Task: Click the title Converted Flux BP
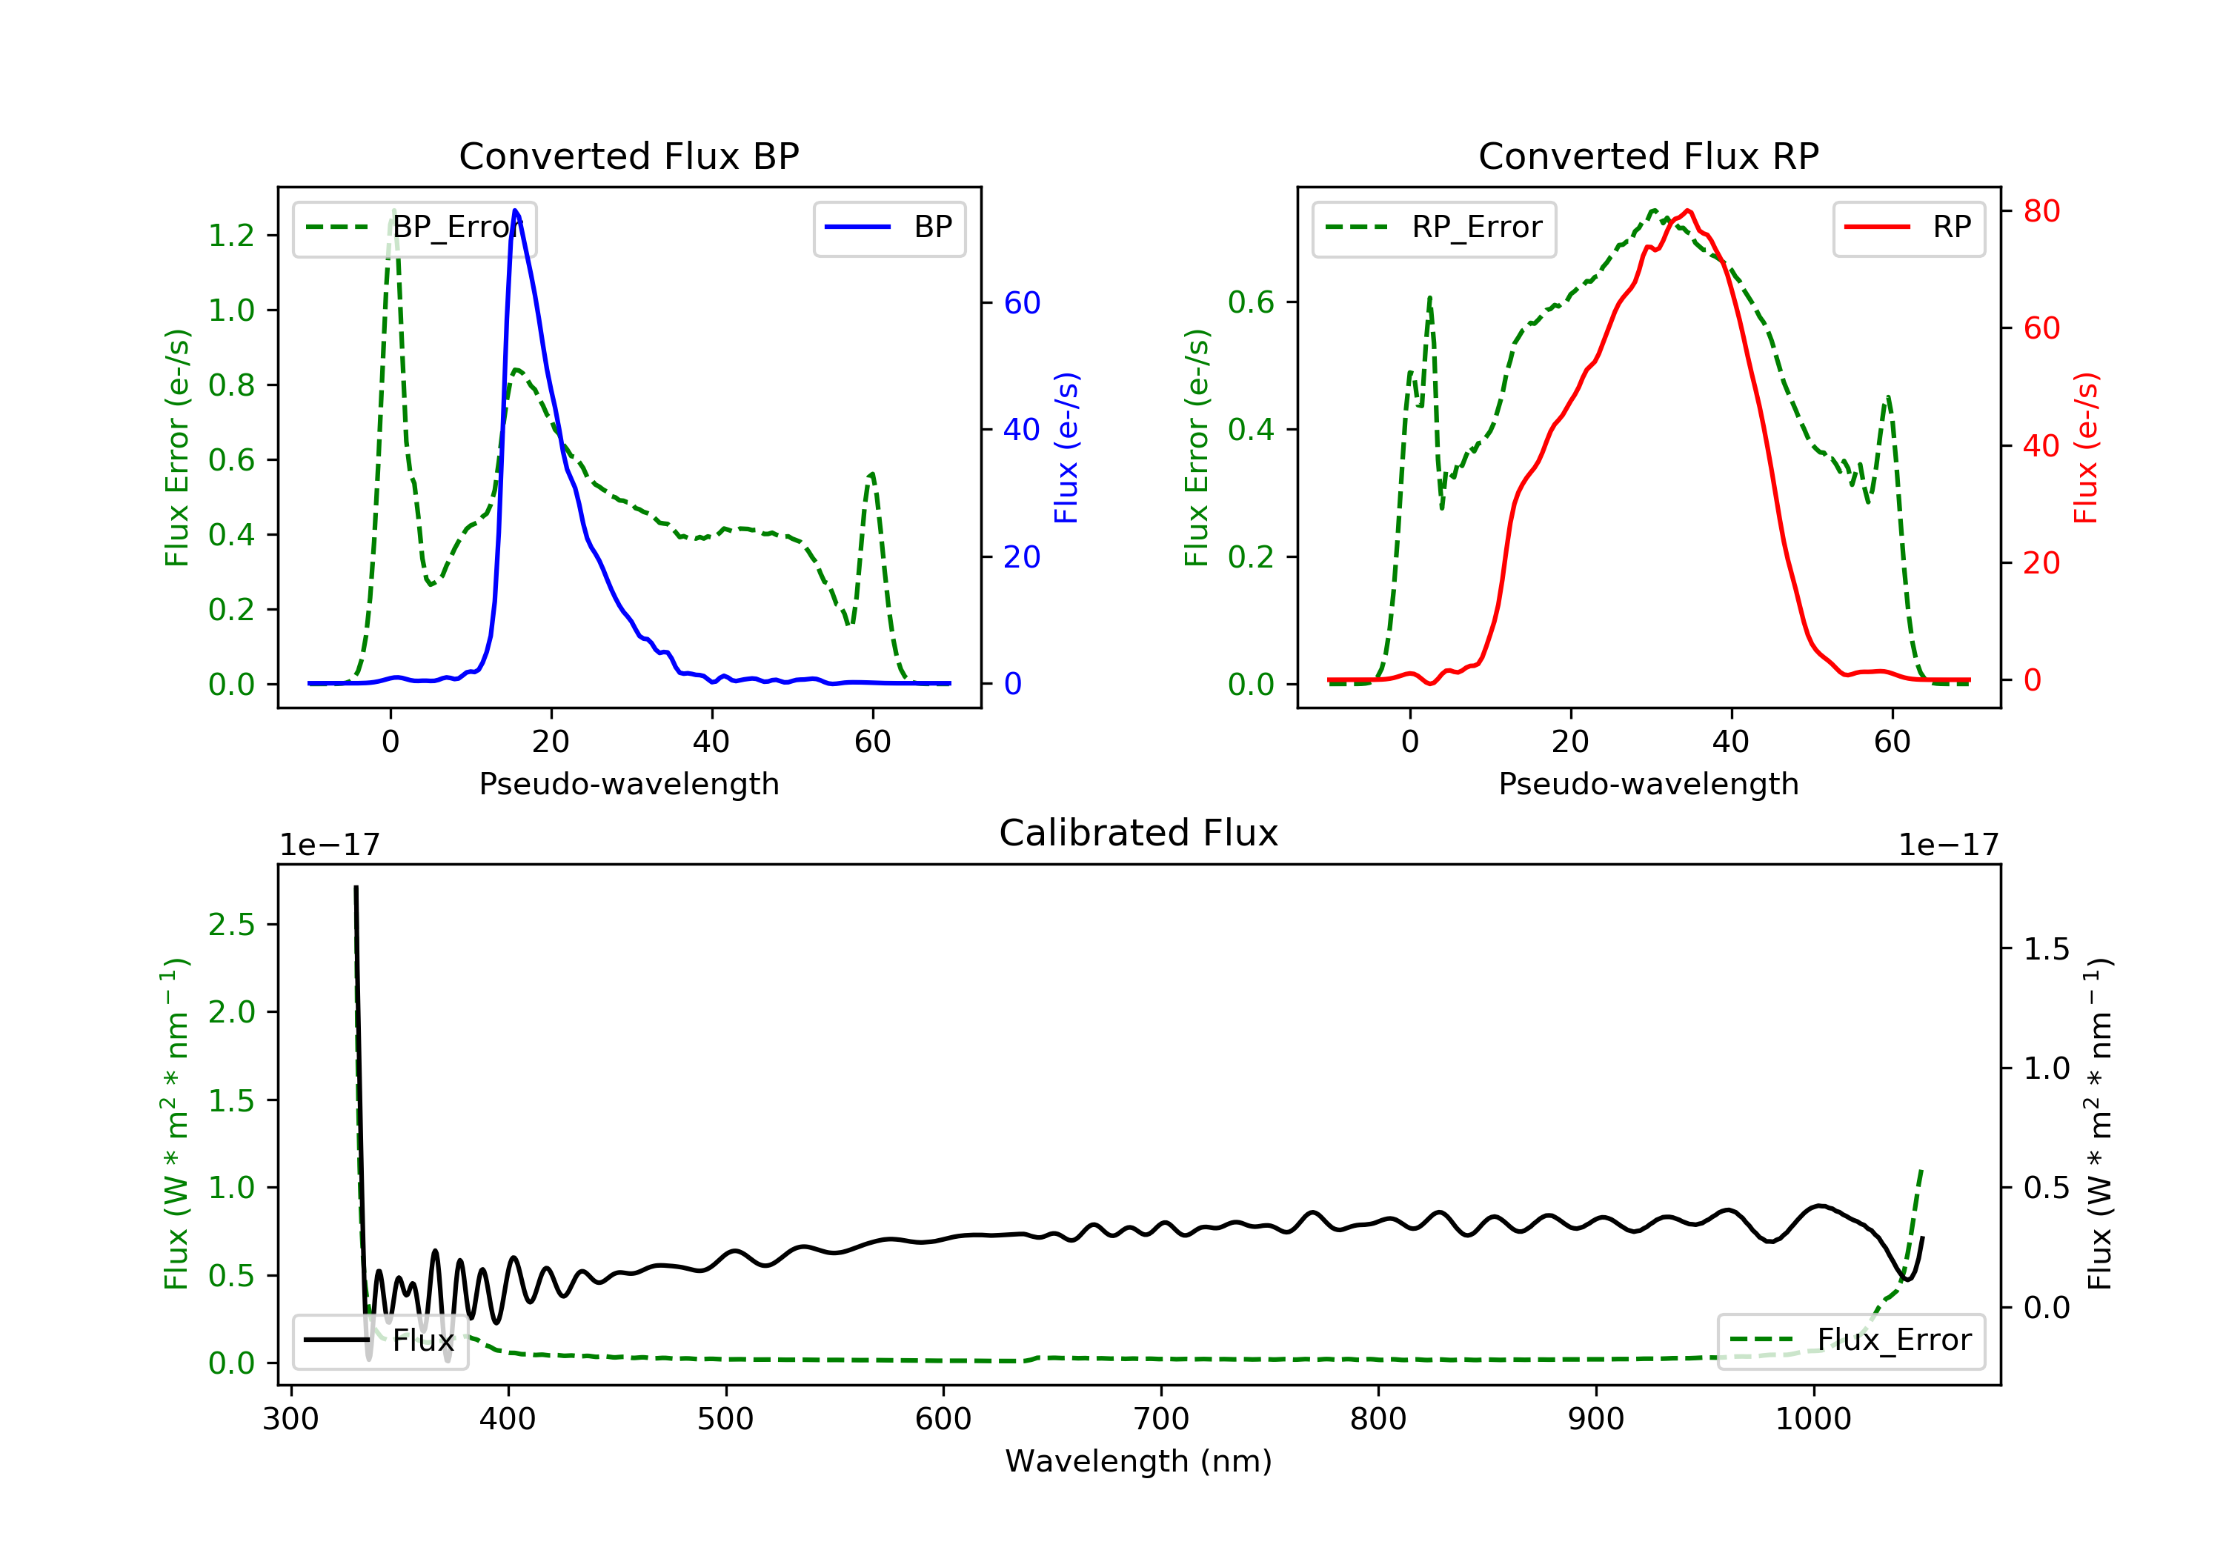click(x=628, y=156)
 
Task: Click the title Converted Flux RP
click(x=1648, y=156)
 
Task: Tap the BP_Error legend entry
click(x=414, y=227)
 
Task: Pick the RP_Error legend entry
click(x=1434, y=227)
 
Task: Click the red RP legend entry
click(x=1908, y=227)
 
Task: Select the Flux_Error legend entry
click(x=1850, y=1340)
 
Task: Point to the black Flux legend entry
click(x=381, y=1340)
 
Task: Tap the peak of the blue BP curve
click(x=515, y=210)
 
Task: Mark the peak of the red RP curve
click(x=1687, y=210)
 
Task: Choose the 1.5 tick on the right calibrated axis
click(x=2046, y=949)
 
